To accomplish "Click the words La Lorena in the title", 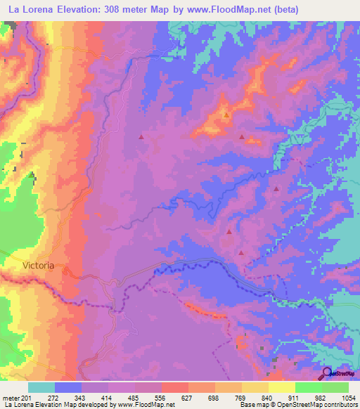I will pyautogui.click(x=30, y=10).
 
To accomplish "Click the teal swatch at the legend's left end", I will pyautogui.click(x=41, y=388).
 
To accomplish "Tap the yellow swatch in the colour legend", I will pyautogui.click(x=281, y=388).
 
